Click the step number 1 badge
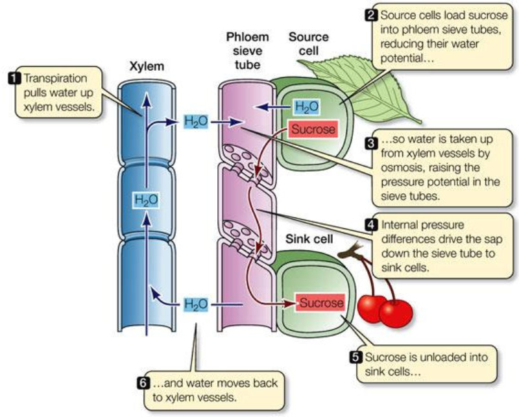[x=12, y=77]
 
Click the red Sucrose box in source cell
[x=314, y=128]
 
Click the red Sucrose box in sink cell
[x=319, y=302]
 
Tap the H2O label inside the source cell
[x=306, y=107]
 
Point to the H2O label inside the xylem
[x=146, y=200]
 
